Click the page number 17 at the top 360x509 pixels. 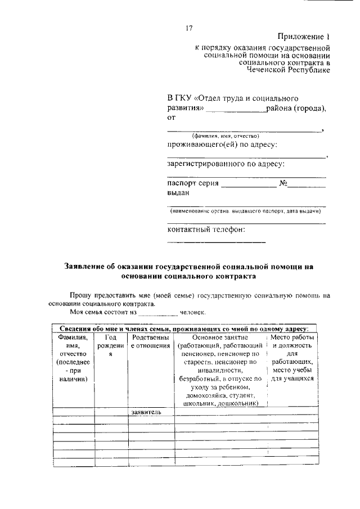pyautogui.click(x=190, y=29)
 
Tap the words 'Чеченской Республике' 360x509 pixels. pyautogui.click(x=289, y=70)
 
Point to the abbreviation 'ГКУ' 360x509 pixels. pyautogui.click(x=186, y=98)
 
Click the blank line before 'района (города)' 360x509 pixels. pyautogui.click(x=236, y=110)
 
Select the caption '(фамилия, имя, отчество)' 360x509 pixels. pyautogui.click(x=225, y=136)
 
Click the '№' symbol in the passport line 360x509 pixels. pyautogui.click(x=284, y=183)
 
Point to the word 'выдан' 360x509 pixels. pyautogui.click(x=178, y=193)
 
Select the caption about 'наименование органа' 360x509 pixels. pyautogui.click(x=246, y=211)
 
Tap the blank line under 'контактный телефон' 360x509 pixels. pyautogui.click(x=217, y=241)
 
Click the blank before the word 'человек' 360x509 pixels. pyautogui.click(x=157, y=313)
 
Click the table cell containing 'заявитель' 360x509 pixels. pyautogui.click(x=146, y=412)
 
